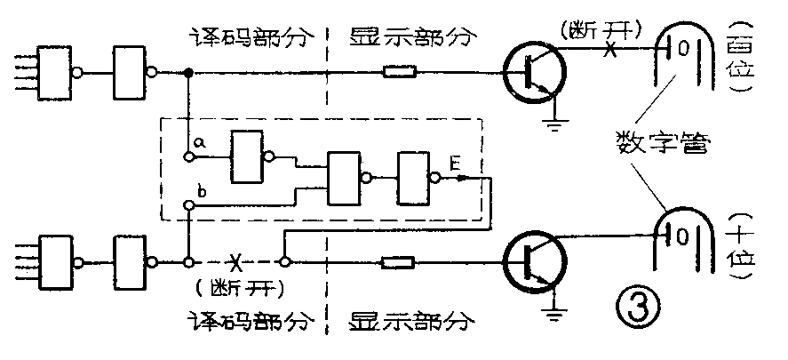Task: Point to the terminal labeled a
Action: pos(189,157)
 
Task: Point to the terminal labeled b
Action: pos(189,206)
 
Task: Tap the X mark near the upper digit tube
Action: pos(609,52)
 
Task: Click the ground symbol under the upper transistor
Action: pos(556,122)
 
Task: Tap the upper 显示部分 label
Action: pos(413,37)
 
